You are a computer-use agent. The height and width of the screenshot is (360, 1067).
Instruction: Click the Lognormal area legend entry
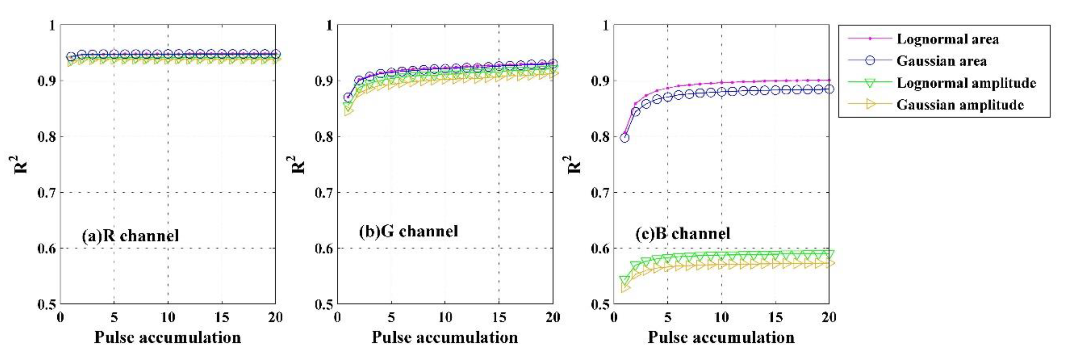(x=947, y=39)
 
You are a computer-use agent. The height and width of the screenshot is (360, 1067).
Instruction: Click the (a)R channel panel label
(x=130, y=236)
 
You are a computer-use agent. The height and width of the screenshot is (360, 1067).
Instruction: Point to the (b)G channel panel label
(x=409, y=231)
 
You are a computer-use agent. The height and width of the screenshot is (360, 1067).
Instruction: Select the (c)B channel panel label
(x=683, y=234)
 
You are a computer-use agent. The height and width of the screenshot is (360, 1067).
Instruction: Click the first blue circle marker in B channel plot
(x=624, y=138)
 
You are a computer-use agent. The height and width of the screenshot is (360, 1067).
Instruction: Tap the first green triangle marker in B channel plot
(x=624, y=280)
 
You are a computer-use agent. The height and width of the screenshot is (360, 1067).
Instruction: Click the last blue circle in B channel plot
(x=829, y=89)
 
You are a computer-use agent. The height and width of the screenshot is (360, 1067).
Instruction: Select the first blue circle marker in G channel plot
(x=348, y=97)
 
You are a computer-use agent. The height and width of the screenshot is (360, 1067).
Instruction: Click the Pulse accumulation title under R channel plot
(x=168, y=337)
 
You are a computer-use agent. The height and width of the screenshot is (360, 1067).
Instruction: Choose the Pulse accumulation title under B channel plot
(x=721, y=337)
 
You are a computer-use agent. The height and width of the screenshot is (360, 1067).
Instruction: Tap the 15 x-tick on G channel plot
(x=499, y=318)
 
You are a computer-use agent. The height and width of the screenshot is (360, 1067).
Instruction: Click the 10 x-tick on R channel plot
(x=168, y=318)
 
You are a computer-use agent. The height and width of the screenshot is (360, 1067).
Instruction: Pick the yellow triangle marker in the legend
(x=870, y=105)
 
